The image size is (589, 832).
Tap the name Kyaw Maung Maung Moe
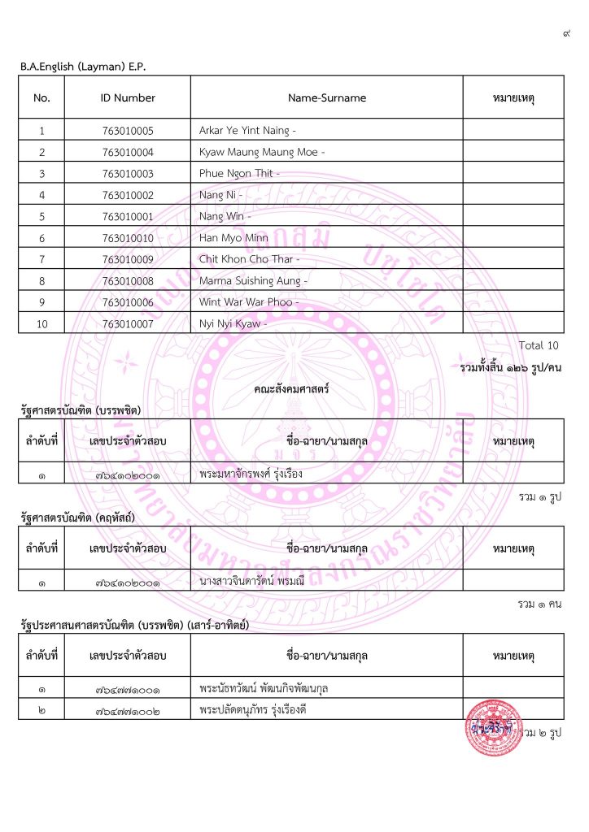coord(259,152)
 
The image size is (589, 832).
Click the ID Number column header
coord(128,97)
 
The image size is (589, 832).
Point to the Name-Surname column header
coord(326,97)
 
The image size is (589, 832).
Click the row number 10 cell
coord(41,324)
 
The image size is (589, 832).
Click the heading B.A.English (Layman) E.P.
coord(83,66)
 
